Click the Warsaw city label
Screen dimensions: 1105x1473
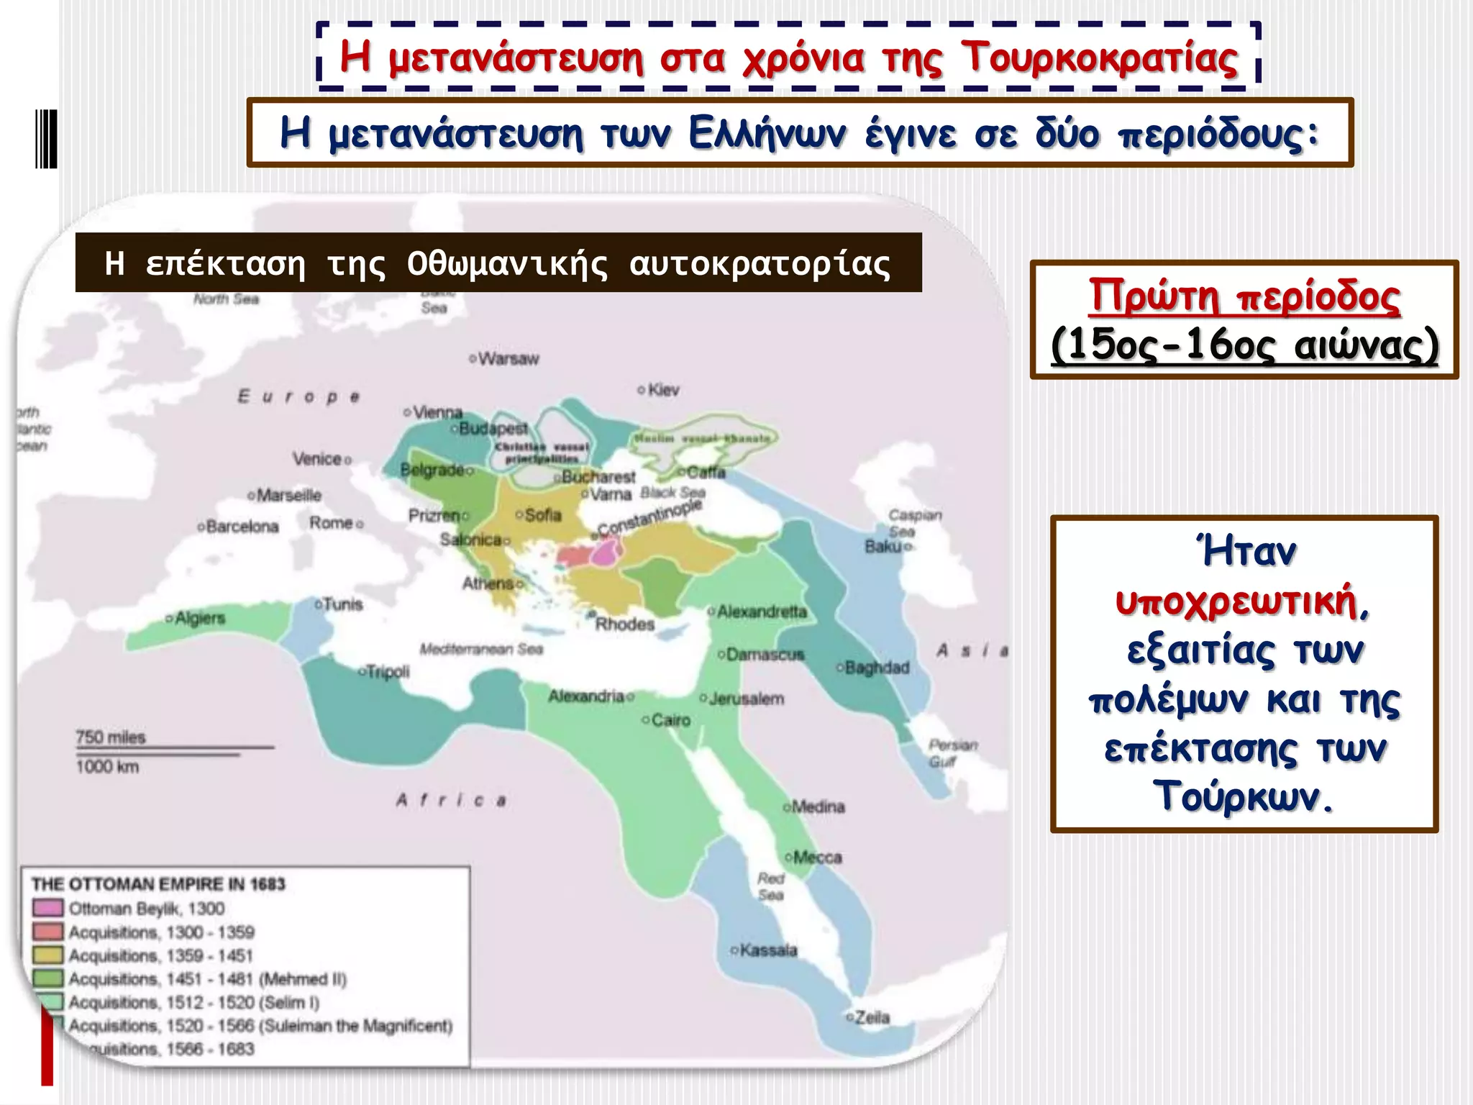tap(508, 358)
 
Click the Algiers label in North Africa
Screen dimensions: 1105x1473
tap(199, 618)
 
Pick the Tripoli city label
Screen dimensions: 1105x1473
tap(388, 671)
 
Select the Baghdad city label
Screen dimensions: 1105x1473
tap(877, 668)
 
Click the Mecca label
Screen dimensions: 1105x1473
tap(817, 858)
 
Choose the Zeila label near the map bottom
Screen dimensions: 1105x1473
tap(872, 1017)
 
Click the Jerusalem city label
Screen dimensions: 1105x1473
tap(746, 699)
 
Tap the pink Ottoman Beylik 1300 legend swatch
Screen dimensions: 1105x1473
tap(47, 909)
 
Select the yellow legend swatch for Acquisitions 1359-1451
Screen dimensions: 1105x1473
tap(47, 955)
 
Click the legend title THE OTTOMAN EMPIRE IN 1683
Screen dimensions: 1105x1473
tap(158, 884)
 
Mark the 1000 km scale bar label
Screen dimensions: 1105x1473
tap(108, 767)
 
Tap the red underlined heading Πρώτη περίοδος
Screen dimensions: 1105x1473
tap(1244, 296)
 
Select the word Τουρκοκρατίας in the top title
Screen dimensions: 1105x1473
tap(1099, 58)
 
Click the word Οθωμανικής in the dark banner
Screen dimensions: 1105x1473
tap(507, 264)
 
